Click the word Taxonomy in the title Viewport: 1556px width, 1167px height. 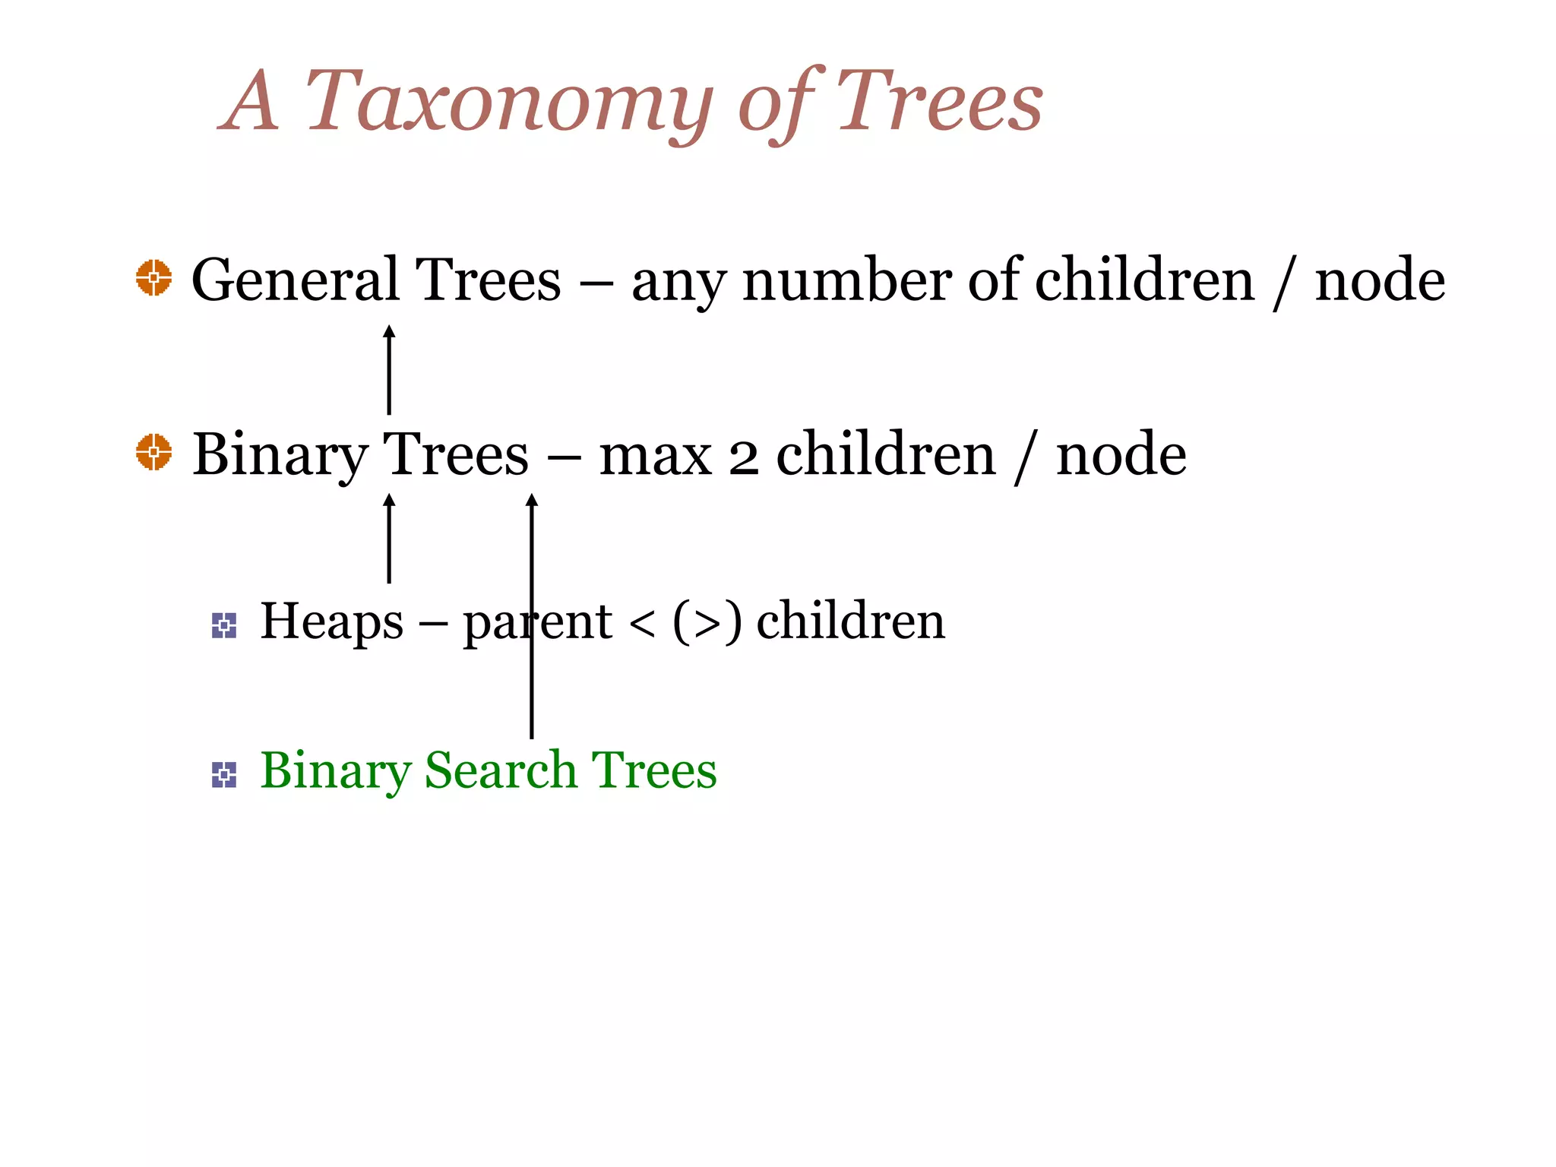coord(508,103)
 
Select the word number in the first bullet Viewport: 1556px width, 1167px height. coord(846,280)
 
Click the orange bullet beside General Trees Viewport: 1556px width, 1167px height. coord(153,277)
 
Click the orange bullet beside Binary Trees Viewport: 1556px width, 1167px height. coord(153,452)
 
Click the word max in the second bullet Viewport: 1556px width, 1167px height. coord(655,456)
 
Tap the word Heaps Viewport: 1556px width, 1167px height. coord(331,621)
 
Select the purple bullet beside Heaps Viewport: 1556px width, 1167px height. coord(224,625)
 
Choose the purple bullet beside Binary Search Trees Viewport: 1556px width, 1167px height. coord(224,775)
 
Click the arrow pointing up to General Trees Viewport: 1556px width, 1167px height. coord(389,370)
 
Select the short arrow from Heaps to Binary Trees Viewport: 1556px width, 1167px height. coord(389,539)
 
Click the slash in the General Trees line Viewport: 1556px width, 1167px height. coord(1283,281)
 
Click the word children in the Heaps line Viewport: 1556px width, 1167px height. coord(850,621)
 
